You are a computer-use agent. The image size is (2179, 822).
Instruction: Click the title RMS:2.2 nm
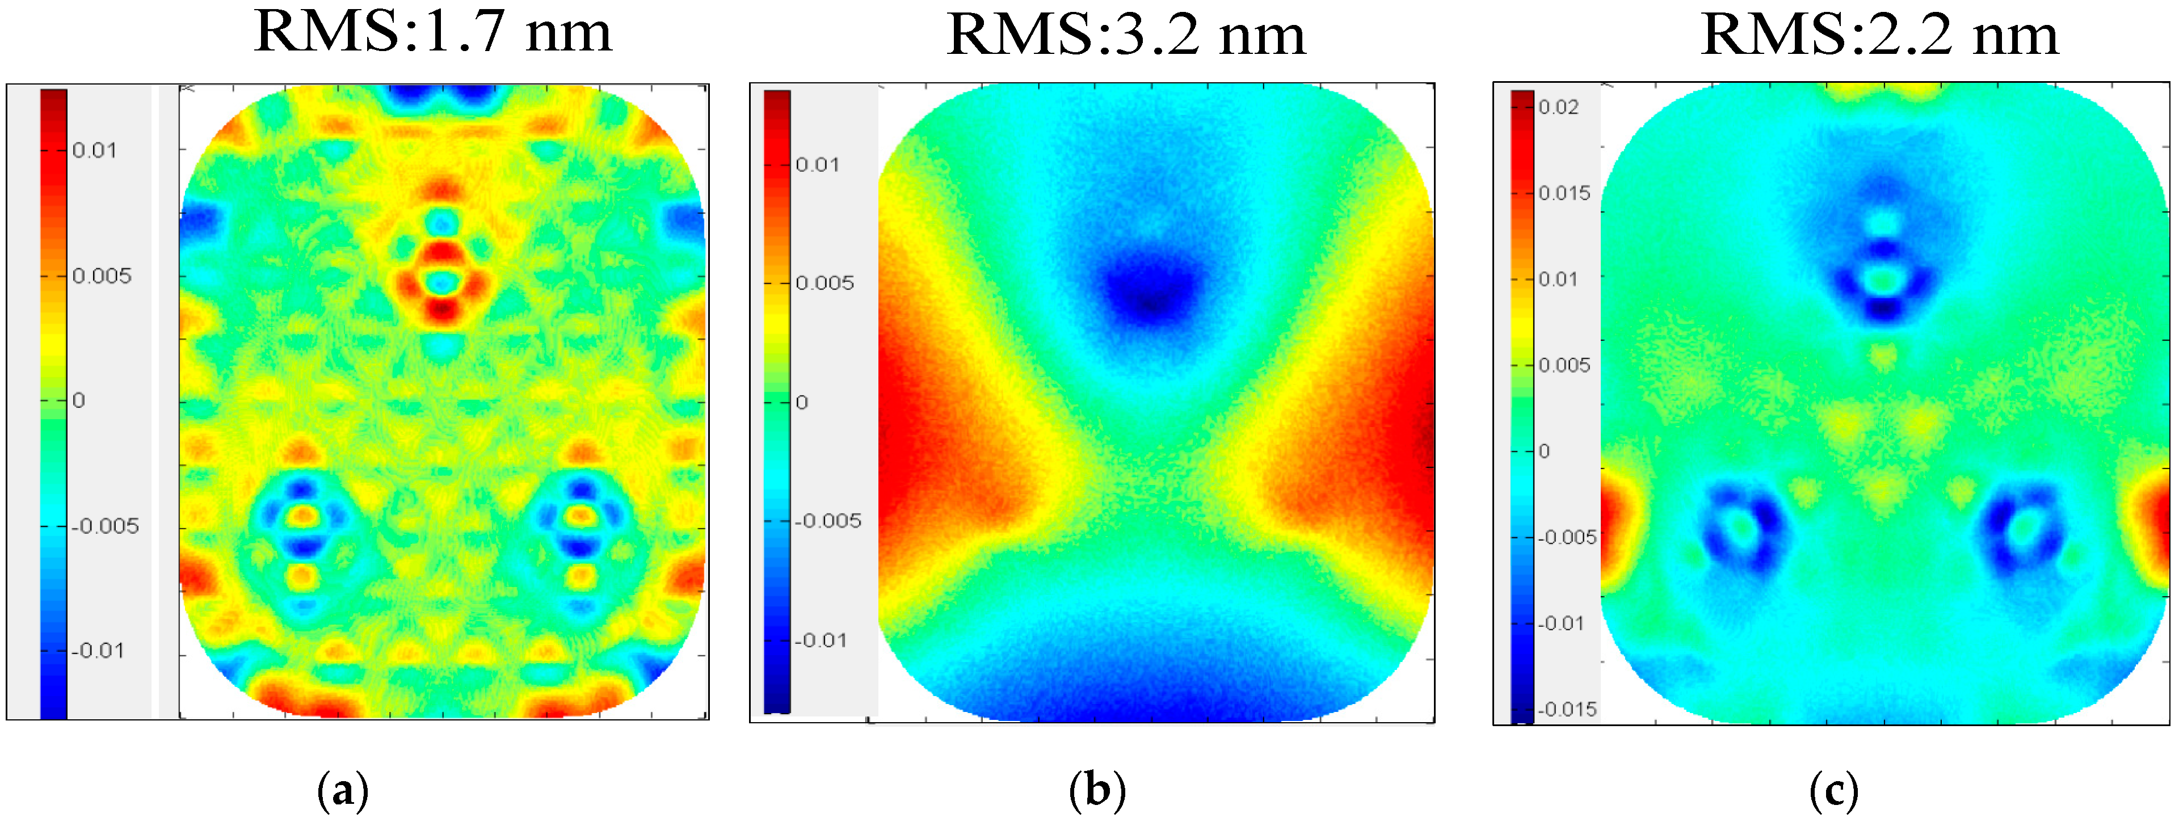point(1879,36)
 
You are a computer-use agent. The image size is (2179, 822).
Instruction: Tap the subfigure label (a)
point(343,791)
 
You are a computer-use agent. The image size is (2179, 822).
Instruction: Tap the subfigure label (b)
point(1097,791)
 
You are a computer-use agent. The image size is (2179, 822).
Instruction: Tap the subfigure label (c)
point(1833,791)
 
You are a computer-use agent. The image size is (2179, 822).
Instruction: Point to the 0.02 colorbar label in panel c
point(1558,107)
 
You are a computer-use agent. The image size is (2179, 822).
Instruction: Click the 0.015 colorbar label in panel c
point(1564,193)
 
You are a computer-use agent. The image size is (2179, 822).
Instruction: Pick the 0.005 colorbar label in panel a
point(102,276)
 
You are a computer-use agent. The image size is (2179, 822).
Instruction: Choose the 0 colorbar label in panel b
point(802,403)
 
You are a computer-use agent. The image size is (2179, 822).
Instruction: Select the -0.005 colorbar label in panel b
point(828,521)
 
